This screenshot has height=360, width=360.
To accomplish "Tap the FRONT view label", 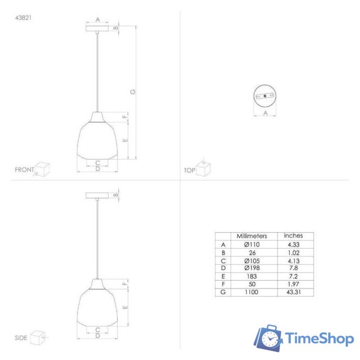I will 24,169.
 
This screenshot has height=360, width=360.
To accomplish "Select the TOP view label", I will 189,170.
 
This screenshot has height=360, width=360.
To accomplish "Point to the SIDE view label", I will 21,338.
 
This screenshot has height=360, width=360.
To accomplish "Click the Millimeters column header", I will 251,236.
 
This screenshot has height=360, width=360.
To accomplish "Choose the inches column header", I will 293,236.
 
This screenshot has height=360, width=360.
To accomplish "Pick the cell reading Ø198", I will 251,268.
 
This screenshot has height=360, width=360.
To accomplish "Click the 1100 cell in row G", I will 251,292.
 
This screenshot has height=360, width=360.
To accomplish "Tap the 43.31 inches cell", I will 293,292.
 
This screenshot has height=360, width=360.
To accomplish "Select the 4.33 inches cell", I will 293,245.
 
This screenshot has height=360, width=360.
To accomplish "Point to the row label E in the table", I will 223,277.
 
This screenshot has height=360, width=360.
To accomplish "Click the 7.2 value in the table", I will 293,277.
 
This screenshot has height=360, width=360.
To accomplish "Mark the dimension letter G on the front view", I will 133,92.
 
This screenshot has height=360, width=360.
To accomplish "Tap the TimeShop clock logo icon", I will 269,339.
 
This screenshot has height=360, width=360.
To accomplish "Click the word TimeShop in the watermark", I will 319,339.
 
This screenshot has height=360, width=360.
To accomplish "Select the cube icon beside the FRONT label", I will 42,168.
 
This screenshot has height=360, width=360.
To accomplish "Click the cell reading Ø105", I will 251,260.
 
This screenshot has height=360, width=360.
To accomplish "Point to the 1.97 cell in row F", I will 293,285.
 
